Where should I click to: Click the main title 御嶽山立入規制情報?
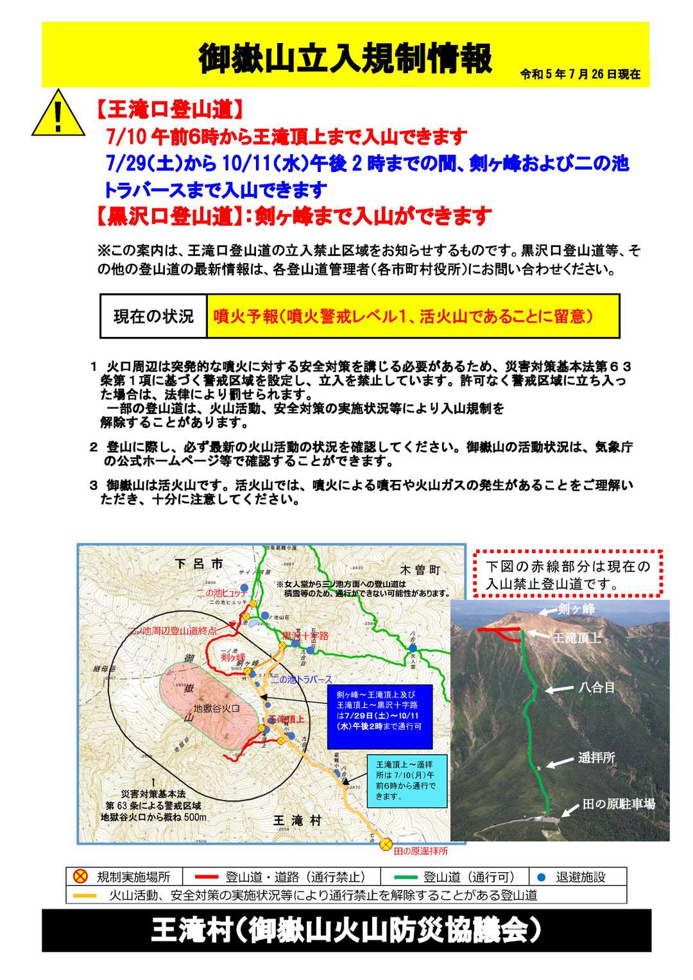[345, 60]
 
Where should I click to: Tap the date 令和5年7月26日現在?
[580, 74]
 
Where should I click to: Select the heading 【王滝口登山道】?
[169, 110]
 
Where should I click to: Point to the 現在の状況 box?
[153, 316]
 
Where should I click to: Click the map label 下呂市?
[200, 564]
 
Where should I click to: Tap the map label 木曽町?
[420, 570]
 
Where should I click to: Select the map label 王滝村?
[297, 820]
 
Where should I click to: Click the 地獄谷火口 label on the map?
[217, 709]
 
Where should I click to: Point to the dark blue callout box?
[379, 716]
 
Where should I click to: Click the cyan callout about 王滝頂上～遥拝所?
[407, 780]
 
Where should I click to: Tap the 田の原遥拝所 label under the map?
[421, 851]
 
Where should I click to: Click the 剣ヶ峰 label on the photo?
[576, 609]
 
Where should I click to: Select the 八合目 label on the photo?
[597, 687]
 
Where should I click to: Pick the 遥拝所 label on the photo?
[596, 758]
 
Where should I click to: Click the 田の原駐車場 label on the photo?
[619, 804]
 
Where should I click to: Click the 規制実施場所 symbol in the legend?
[80, 877]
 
